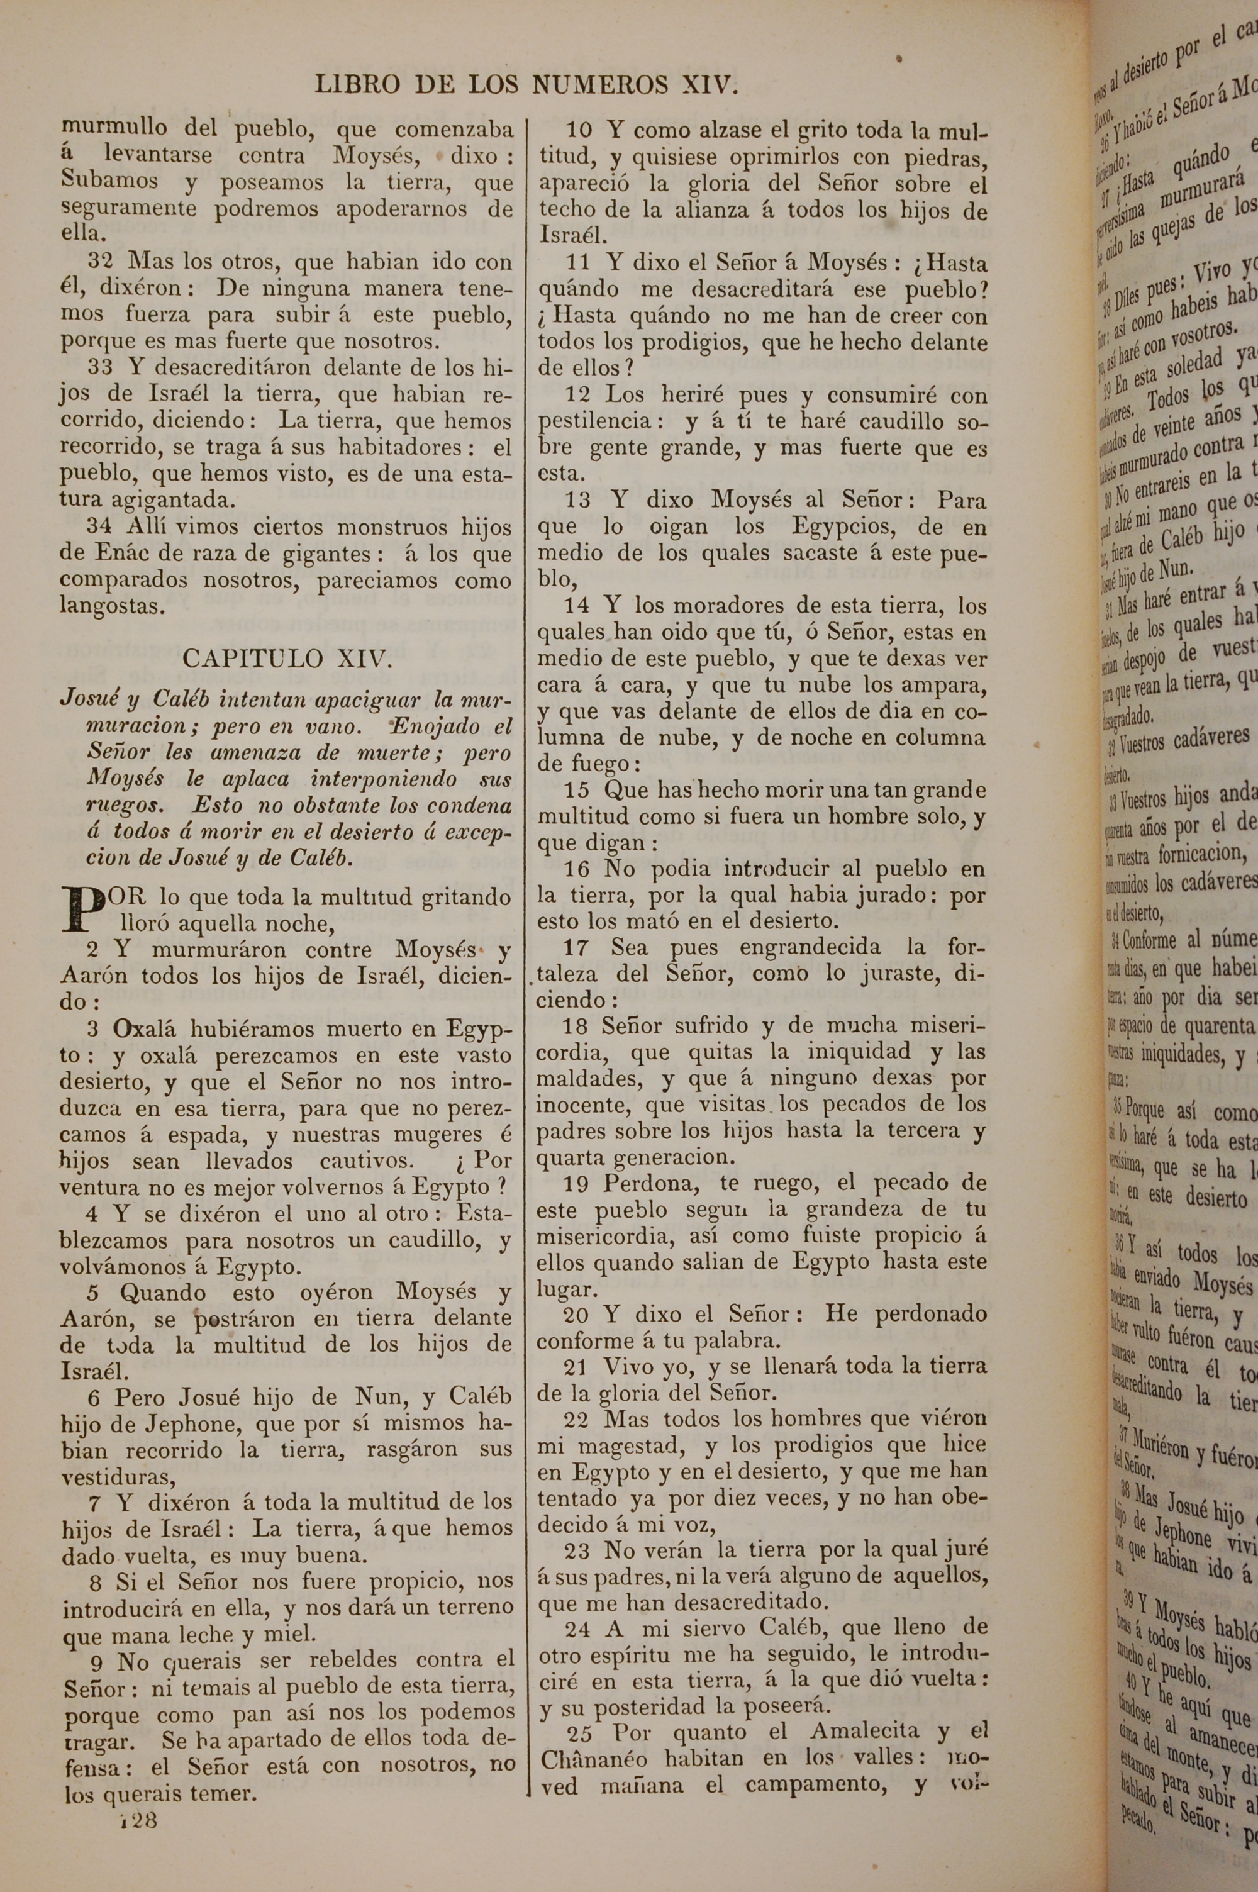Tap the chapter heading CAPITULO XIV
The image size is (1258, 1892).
click(x=287, y=659)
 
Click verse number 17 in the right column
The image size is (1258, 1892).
click(x=576, y=948)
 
